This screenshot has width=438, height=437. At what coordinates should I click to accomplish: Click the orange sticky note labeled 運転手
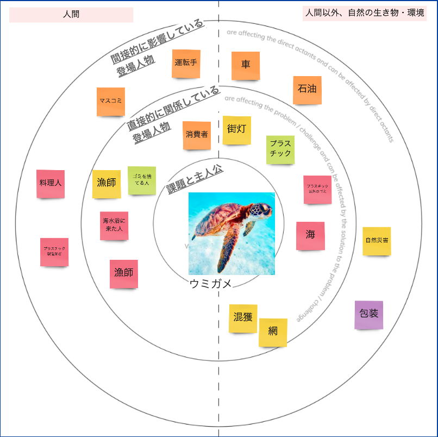(186, 64)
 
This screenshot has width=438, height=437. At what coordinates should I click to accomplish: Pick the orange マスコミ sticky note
(111, 102)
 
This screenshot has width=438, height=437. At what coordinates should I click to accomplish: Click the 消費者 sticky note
(197, 135)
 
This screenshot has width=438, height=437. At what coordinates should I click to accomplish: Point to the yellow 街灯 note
(237, 130)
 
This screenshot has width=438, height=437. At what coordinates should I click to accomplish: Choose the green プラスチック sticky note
(280, 150)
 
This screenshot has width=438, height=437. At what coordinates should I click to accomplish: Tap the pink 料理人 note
(51, 184)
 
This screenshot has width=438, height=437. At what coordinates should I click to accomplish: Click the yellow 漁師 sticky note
(107, 184)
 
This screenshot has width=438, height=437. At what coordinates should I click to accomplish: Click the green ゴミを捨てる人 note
(142, 180)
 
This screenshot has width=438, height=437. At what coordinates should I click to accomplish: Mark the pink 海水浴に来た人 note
(114, 226)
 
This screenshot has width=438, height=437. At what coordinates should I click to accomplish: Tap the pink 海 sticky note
(310, 236)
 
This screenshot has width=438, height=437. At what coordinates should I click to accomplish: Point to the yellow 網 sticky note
(273, 332)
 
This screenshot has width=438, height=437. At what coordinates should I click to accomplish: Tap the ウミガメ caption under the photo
(211, 283)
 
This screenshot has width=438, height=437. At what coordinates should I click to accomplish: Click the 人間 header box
(71, 15)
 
